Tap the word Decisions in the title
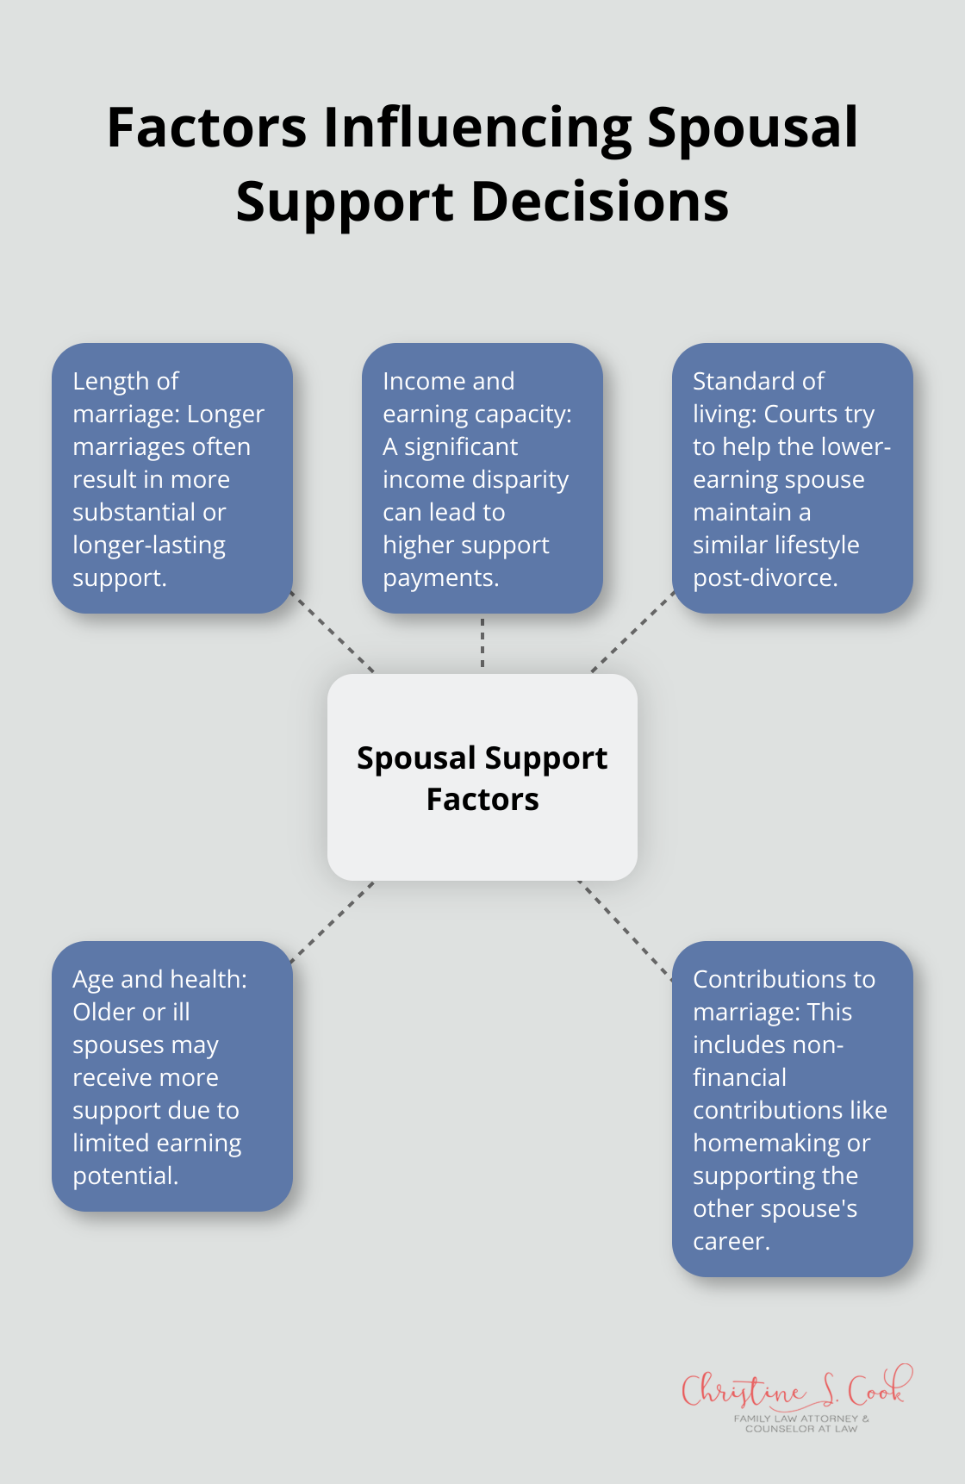[600, 202]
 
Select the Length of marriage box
[172, 478]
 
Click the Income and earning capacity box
[482, 478]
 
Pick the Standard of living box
[793, 478]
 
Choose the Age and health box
[172, 1076]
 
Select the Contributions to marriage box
[793, 1108]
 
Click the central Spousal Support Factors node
[482, 777]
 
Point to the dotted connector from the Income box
[482, 643]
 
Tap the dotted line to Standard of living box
[632, 632]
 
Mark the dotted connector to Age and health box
[333, 921]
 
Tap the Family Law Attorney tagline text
[801, 1423]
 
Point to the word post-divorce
[764, 577]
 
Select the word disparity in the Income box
[529, 479]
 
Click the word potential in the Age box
[125, 1175]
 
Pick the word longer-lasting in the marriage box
[149, 545]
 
